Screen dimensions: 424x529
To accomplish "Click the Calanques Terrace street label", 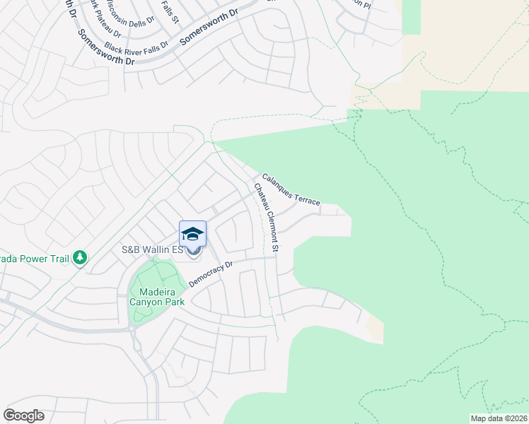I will tap(291, 190).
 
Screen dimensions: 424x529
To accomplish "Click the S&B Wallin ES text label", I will tap(152, 250).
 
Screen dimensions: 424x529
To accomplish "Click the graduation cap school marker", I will tap(192, 233).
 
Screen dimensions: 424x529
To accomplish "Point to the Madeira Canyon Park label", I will tap(156, 296).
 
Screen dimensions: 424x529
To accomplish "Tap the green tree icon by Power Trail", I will tap(80, 259).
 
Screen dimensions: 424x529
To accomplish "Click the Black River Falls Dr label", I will tap(136, 47).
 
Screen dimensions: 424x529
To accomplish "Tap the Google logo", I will tap(23, 415).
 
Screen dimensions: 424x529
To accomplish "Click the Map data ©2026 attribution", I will tap(499, 418).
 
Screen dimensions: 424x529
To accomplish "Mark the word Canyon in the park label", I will tap(146, 302).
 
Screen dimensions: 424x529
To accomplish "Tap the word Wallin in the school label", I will tap(160, 250).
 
